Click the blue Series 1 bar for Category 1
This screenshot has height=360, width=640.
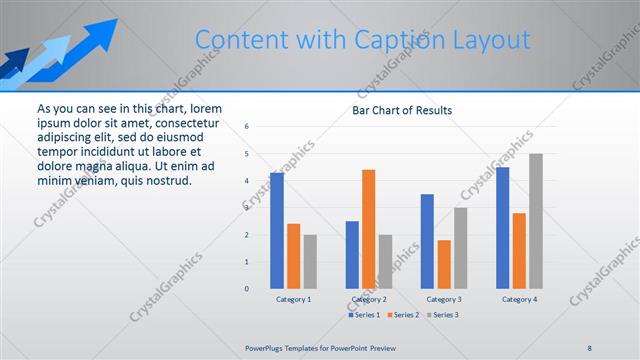click(x=276, y=231)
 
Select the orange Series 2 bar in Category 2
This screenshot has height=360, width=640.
click(x=368, y=229)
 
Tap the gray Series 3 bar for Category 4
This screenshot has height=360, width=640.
click(x=536, y=221)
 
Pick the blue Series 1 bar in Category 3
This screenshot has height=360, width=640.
click(x=427, y=241)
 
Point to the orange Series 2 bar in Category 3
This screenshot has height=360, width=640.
click(x=444, y=264)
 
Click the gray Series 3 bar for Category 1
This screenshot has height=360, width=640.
click(x=310, y=262)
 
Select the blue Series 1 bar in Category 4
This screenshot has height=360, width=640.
click(x=502, y=228)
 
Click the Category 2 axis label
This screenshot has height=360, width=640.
click(x=369, y=299)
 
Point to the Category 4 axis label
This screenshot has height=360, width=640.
click(x=519, y=299)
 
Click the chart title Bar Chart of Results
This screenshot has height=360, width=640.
click(x=402, y=110)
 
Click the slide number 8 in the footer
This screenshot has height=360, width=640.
click(x=589, y=347)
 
